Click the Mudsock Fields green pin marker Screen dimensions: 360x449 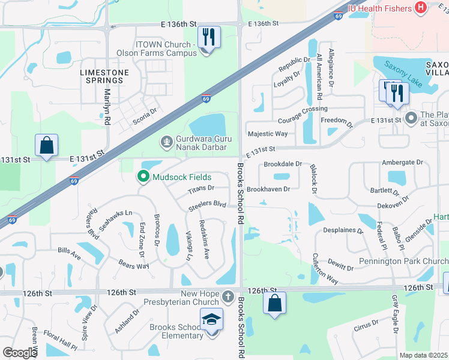pos(143,177)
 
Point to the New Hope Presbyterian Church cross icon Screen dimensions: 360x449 pos(228,296)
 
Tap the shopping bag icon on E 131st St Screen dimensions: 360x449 pos(47,146)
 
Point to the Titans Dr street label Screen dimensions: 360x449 pos(201,190)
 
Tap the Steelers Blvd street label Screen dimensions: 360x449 pos(206,206)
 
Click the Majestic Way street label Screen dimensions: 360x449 pos(268,133)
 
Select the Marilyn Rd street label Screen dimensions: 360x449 pos(107,106)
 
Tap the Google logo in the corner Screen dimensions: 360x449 pos(20,353)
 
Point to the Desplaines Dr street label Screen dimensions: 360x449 pos(343,230)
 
